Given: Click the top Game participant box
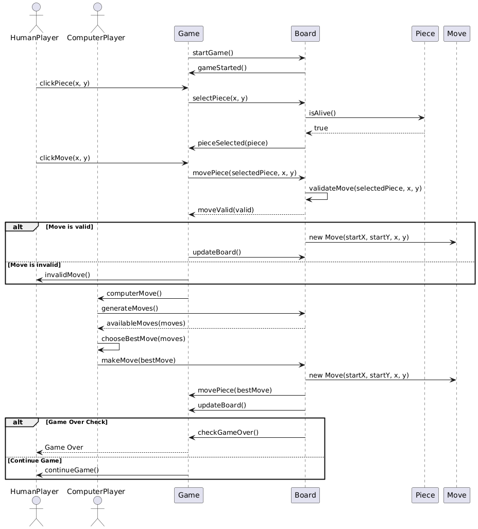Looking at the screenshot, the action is click(189, 33).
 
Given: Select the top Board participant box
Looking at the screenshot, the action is click(305, 33).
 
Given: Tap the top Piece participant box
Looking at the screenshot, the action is click(425, 33).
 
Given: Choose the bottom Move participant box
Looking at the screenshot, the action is click(457, 495).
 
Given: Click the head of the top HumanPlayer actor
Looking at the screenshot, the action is click(36, 7).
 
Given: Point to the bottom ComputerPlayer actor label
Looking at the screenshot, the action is click(96, 491).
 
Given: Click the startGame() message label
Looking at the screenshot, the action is click(213, 53).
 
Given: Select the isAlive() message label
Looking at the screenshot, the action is click(322, 113).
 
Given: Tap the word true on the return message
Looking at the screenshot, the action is click(321, 128).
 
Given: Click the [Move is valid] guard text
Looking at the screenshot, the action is click(70, 227).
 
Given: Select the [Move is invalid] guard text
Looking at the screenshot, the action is click(34, 265).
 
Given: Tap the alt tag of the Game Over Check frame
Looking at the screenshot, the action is click(18, 422).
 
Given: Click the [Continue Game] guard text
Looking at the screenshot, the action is click(35, 460).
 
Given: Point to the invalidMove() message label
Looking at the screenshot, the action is click(67, 275).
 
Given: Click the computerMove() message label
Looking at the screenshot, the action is click(134, 293).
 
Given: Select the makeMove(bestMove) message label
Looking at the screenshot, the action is click(139, 361).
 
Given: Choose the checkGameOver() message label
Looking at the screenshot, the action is click(228, 432).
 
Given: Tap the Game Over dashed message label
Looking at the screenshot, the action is click(64, 447).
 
